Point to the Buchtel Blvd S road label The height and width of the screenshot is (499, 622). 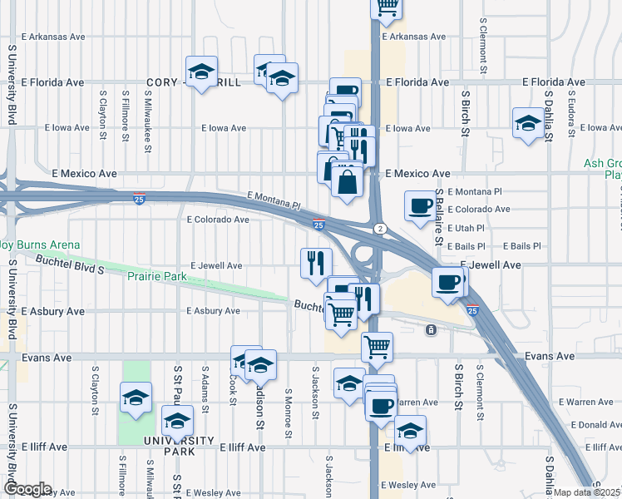point(71,264)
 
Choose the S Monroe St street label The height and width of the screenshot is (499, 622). point(288,413)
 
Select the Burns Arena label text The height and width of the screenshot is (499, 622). point(42,245)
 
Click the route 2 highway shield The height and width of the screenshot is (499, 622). point(380,228)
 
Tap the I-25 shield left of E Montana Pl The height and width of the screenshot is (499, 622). point(139,198)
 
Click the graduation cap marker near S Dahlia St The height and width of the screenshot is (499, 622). point(527,123)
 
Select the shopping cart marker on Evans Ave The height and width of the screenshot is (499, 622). point(377,346)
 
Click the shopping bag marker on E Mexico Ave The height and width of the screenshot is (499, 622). point(347,179)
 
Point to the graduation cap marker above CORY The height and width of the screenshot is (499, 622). point(200,72)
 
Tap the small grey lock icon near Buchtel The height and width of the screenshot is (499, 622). point(431,330)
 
